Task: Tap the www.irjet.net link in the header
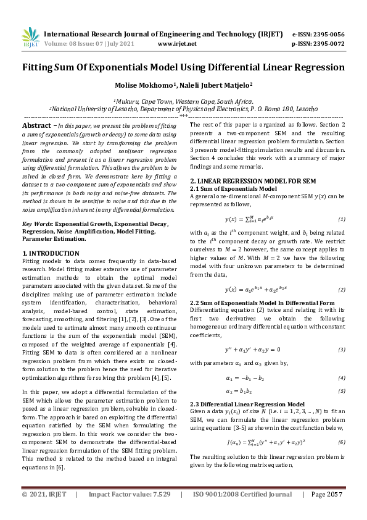[x=177, y=44]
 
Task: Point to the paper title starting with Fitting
[x=183, y=67]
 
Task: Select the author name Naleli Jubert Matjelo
[x=217, y=85]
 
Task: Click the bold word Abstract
[x=36, y=125]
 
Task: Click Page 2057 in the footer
[x=326, y=512]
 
